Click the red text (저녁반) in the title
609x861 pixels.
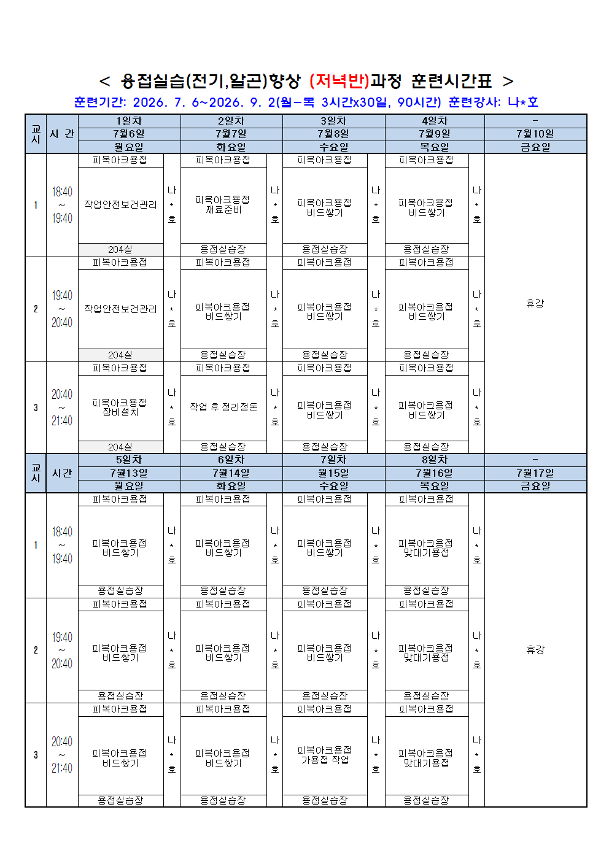click(339, 81)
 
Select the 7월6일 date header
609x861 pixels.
click(129, 134)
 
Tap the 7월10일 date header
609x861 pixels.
click(535, 134)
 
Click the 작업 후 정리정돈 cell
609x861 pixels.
click(223, 407)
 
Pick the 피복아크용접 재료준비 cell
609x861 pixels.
click(223, 204)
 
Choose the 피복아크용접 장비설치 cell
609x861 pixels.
click(120, 407)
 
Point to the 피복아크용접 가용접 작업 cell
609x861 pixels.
click(325, 755)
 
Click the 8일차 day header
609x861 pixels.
click(435, 460)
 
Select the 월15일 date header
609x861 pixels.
click(333, 473)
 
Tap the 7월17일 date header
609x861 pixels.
click(535, 473)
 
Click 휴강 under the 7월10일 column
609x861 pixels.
click(535, 304)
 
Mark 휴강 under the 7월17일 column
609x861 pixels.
click(535, 650)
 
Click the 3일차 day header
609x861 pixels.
click(333, 121)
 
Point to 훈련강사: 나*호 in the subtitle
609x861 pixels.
click(493, 102)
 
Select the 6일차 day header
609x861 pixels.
click(231, 460)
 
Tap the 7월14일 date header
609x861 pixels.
click(231, 473)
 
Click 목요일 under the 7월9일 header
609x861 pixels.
click(435, 147)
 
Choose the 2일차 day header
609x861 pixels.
click(231, 121)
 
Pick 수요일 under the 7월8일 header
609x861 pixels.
click(333, 147)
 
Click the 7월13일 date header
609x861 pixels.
click(129, 473)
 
